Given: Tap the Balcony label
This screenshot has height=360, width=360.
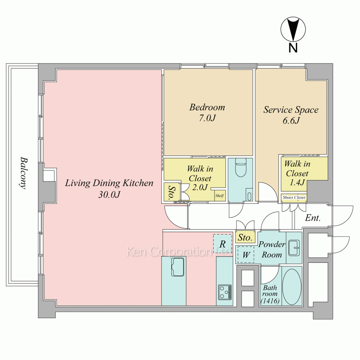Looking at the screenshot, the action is click(23, 173).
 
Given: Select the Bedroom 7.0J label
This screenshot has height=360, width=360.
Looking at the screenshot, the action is click(207, 112).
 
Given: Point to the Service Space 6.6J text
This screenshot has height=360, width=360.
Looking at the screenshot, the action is click(291, 115).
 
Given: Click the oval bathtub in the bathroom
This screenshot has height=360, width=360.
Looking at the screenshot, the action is click(292, 287).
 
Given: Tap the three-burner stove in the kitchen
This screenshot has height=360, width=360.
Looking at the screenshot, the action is click(225, 292).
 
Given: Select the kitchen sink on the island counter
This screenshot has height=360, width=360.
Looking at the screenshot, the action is click(178, 267).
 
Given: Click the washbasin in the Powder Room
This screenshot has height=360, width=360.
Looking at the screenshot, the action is click(294, 248).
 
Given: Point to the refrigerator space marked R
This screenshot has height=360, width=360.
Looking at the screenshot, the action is click(222, 244).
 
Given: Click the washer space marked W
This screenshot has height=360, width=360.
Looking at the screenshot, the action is click(246, 255).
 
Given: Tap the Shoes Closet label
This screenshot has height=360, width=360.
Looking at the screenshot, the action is click(294, 197).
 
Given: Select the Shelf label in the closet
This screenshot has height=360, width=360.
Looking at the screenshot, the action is click(220, 195).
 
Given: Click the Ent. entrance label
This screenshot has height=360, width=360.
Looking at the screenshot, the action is click(313, 217).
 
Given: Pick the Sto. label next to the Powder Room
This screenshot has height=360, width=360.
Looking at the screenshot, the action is click(245, 237).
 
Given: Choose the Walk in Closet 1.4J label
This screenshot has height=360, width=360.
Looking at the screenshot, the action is click(297, 173).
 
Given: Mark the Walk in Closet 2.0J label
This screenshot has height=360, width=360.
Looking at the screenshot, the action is click(200, 178).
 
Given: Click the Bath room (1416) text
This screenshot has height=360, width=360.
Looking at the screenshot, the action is click(270, 294).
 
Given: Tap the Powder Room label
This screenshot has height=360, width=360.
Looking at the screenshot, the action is click(272, 249).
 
